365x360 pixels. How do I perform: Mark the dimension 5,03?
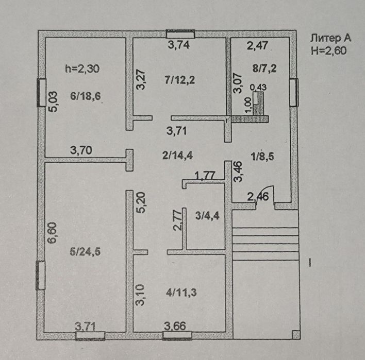(54, 101)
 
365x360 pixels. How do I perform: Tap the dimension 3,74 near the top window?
(180, 45)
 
